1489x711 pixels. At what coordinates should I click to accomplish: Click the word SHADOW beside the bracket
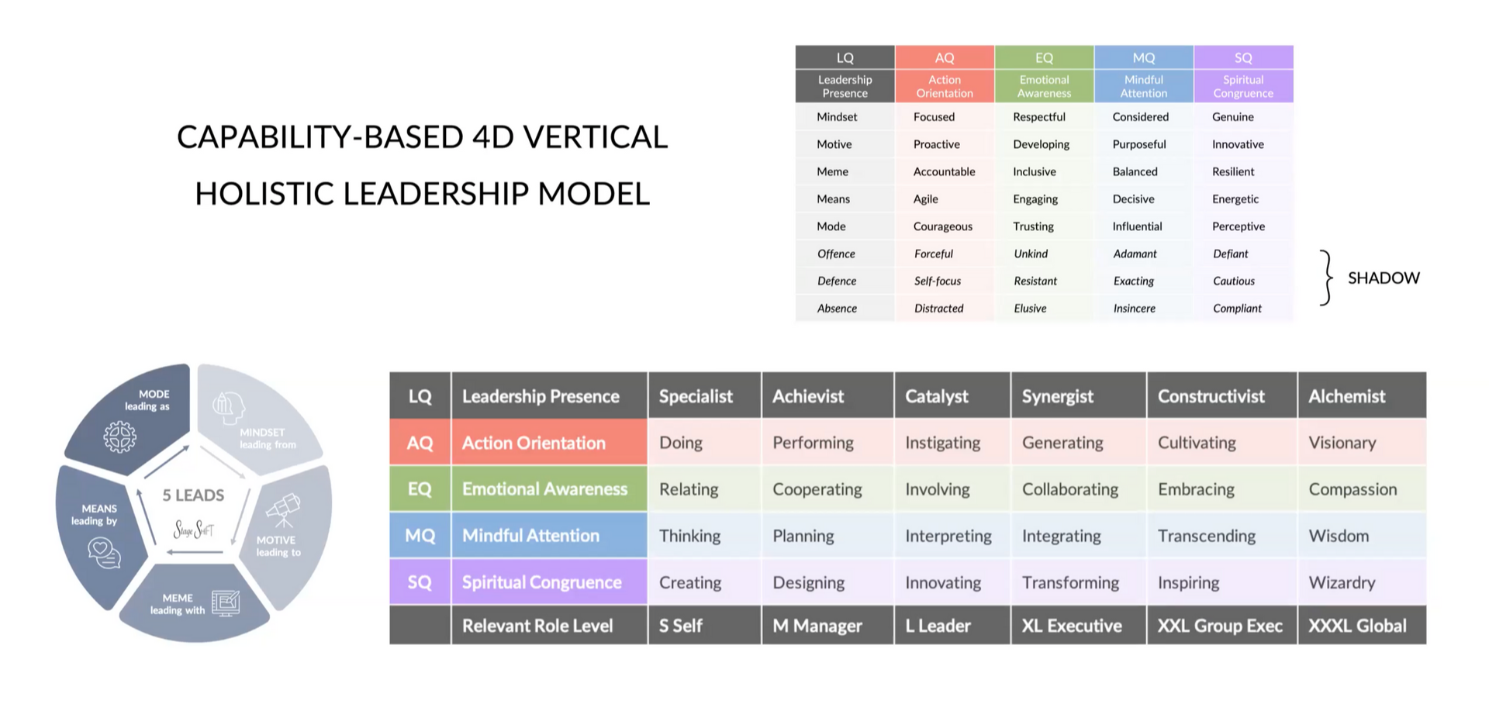pyautogui.click(x=1384, y=278)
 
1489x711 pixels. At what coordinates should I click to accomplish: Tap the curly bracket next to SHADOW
pyautogui.click(x=1327, y=278)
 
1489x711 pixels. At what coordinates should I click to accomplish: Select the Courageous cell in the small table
pyautogui.click(x=942, y=226)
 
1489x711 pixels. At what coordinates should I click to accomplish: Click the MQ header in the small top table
pyautogui.click(x=1143, y=57)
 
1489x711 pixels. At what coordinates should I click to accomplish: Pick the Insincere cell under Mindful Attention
pyautogui.click(x=1134, y=309)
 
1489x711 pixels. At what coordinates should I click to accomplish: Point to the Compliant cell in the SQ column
pyautogui.click(x=1237, y=309)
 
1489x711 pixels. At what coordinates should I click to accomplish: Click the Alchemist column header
pyautogui.click(x=1346, y=396)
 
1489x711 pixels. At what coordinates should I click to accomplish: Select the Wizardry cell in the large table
pyautogui.click(x=1342, y=582)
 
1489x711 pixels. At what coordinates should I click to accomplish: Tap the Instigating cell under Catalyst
pyautogui.click(x=942, y=443)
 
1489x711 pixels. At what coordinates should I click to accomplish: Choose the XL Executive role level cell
pyautogui.click(x=1071, y=626)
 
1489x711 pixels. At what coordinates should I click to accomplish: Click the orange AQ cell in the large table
pyautogui.click(x=420, y=443)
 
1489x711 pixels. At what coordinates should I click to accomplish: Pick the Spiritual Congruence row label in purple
pyautogui.click(x=541, y=582)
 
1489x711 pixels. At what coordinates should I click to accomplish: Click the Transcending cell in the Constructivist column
pyautogui.click(x=1206, y=536)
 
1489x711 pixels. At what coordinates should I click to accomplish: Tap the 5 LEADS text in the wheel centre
pyautogui.click(x=193, y=495)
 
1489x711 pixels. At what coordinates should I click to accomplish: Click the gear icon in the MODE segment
pyautogui.click(x=119, y=437)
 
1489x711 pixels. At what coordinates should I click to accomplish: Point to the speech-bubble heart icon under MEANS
pyautogui.click(x=104, y=553)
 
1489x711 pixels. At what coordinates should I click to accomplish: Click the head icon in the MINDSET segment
pyautogui.click(x=228, y=407)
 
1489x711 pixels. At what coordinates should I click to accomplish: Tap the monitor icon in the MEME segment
pyautogui.click(x=226, y=603)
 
